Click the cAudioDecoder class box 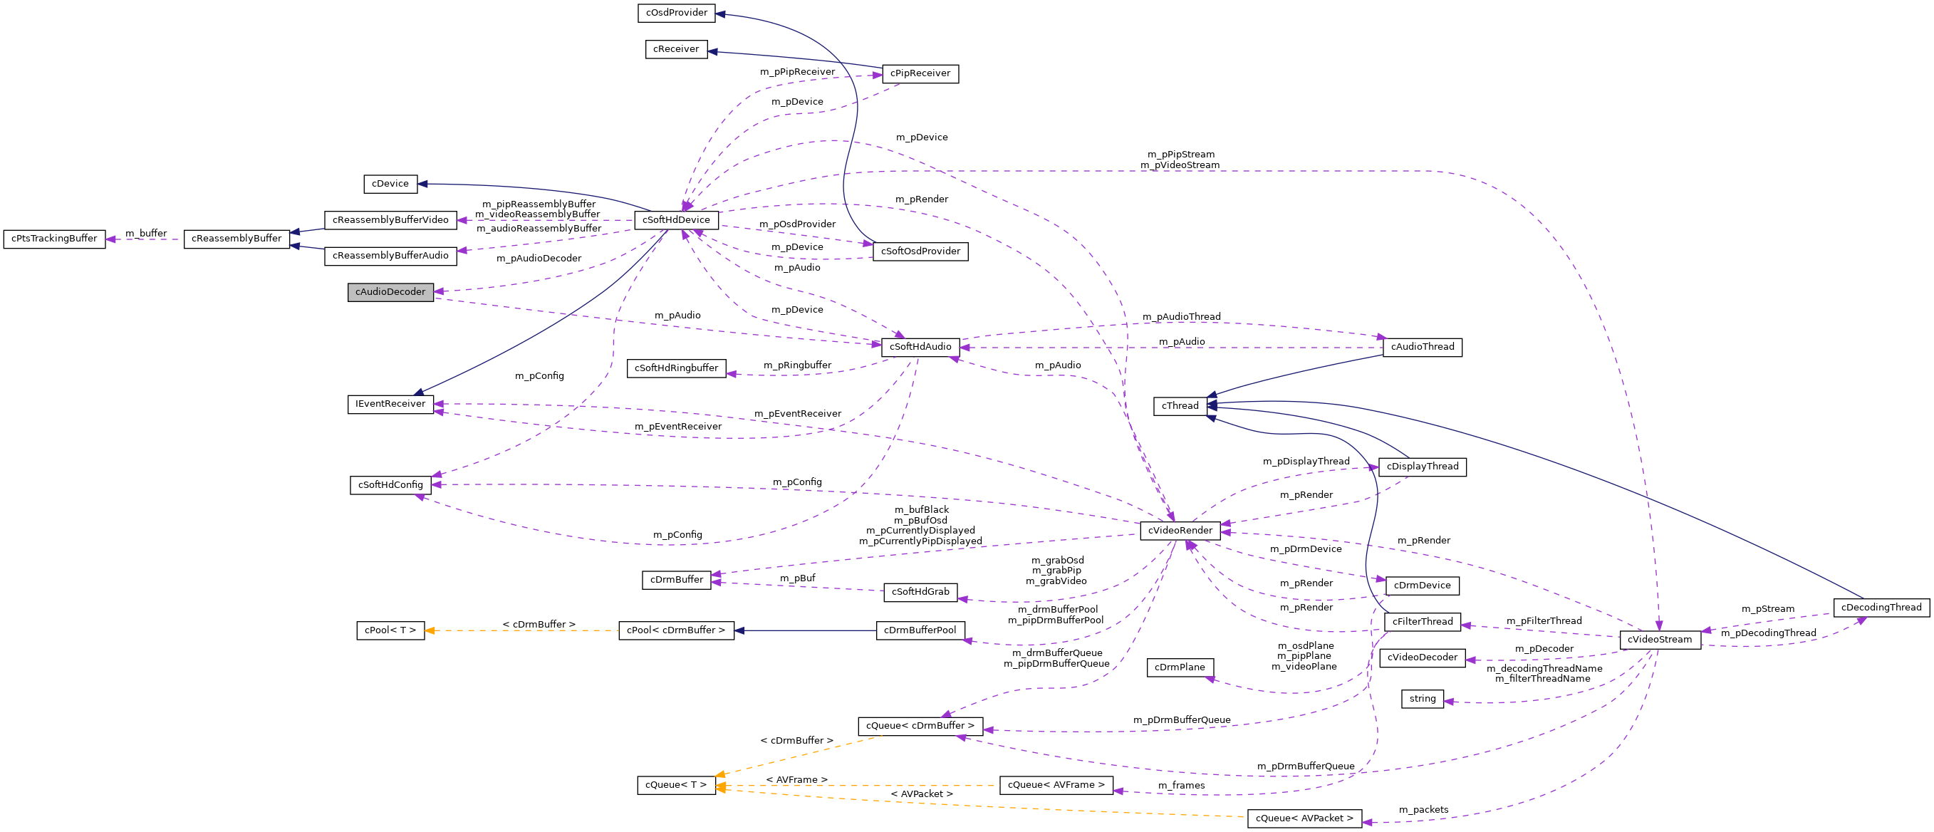point(390,292)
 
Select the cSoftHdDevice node point(676,220)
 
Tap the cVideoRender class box point(1180,530)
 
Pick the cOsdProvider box point(677,13)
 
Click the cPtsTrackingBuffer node point(54,239)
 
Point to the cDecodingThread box point(1881,608)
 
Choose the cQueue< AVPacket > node point(1304,818)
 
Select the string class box point(1422,698)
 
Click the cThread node point(1180,406)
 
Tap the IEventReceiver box point(390,404)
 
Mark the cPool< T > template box point(390,630)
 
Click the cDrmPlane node point(1180,667)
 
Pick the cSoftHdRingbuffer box point(677,368)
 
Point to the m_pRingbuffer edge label point(797,365)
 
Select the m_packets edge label point(1423,809)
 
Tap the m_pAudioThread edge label point(1182,317)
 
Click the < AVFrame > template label point(796,779)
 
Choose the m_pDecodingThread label point(1768,633)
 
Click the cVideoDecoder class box point(1422,657)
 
